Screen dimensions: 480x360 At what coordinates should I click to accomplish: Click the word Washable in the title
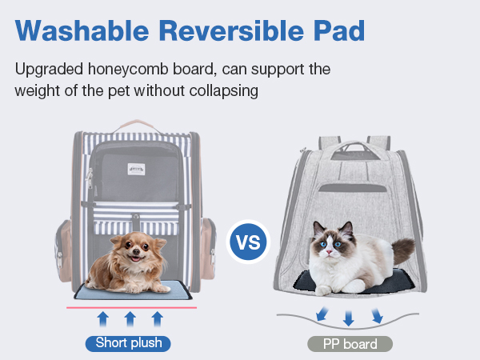82,30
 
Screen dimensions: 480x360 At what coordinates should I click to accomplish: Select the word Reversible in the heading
231,30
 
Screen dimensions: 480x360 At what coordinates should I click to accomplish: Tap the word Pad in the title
339,30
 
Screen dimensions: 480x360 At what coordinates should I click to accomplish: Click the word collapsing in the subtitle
224,91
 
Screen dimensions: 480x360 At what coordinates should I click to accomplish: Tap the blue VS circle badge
248,242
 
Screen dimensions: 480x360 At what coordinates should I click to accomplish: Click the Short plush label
128,343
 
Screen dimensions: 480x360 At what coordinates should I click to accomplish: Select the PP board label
350,344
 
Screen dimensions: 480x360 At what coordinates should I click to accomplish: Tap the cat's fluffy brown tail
402,250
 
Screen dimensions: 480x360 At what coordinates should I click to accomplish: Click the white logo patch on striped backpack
136,169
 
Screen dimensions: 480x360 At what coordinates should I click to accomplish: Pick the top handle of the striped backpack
137,126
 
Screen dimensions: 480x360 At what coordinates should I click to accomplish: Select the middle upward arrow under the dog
130,319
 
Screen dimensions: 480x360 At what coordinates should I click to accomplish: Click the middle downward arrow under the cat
348,318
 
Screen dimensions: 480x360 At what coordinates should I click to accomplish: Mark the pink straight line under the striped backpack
132,308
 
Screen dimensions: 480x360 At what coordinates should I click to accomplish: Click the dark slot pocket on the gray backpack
353,188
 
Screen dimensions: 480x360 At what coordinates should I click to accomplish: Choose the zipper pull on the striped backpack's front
90,178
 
